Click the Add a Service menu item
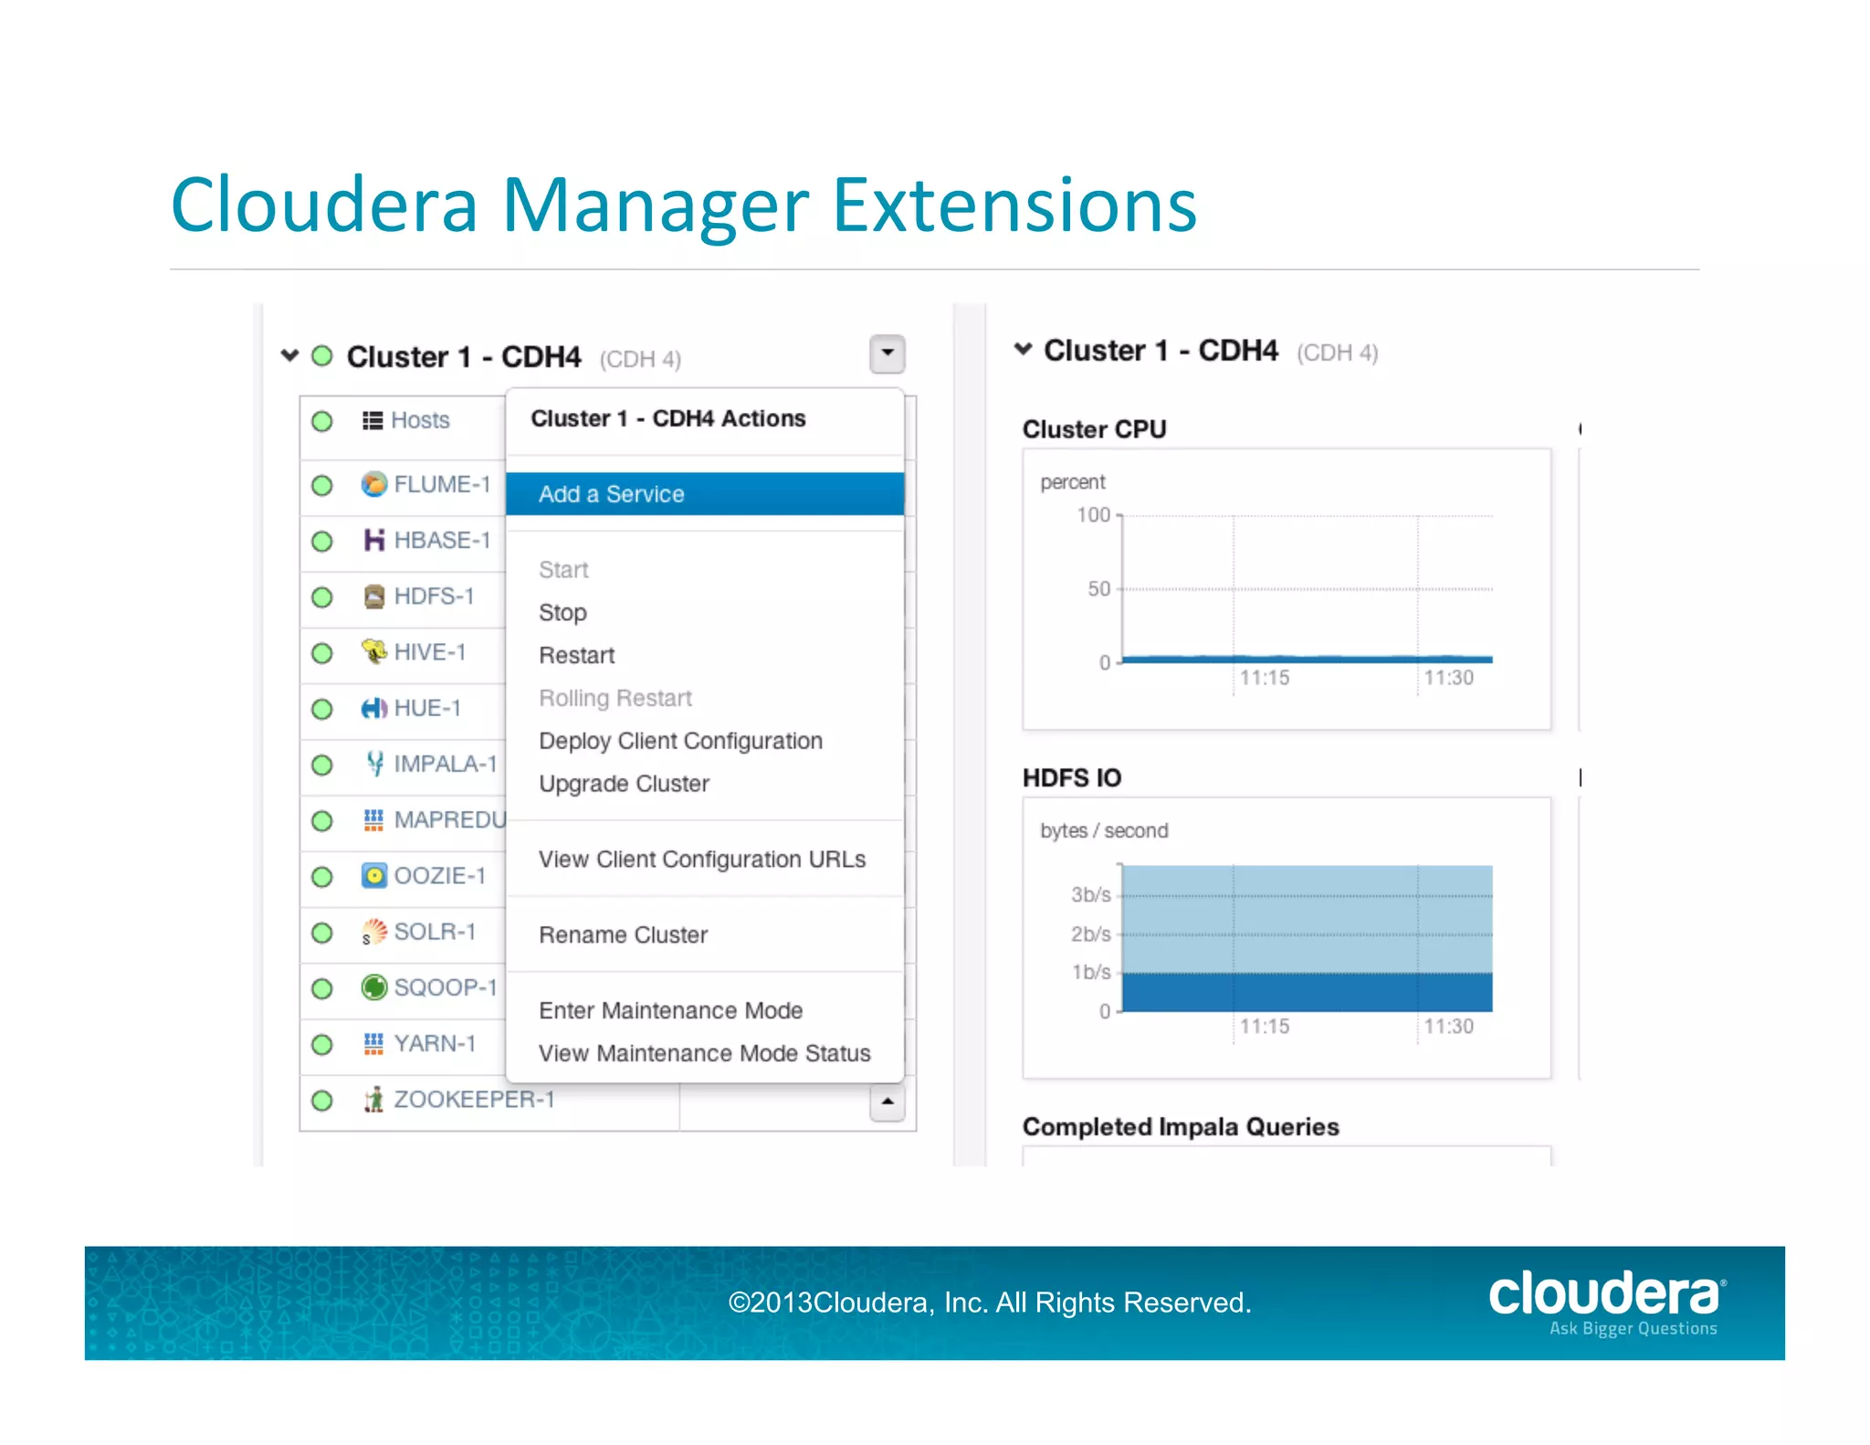611,494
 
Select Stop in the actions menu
562,613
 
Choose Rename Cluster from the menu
623,935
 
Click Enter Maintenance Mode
670,1011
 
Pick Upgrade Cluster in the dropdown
624,784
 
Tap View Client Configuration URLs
701,860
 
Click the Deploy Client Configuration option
680,741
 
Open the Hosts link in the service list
420,420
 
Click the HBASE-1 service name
442,541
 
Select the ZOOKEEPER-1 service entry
474,1100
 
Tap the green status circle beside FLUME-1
322,485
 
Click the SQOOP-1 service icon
373,987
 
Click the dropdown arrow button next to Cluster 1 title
887,354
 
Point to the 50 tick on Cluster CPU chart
1098,589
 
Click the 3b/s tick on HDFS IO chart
1090,895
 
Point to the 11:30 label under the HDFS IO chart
1448,1027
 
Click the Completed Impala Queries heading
1181,1127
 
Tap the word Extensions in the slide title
1014,206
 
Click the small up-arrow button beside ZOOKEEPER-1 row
887,1102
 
